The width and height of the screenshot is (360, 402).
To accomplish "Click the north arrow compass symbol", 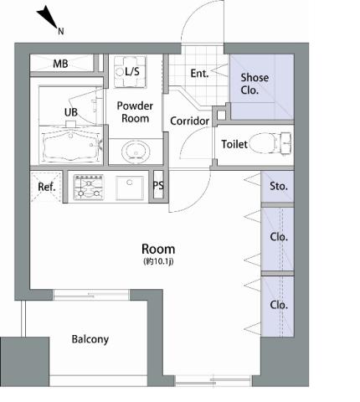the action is point(48,18).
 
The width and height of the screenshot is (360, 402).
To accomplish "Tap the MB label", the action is point(60,64).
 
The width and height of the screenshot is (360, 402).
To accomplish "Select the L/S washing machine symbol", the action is point(130,72).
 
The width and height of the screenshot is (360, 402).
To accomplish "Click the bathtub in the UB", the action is point(71,145).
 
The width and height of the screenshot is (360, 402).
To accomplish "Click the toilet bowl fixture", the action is point(270,143).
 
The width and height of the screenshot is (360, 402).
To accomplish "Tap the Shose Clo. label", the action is point(255,84).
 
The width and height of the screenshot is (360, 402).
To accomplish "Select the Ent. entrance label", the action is point(199,74).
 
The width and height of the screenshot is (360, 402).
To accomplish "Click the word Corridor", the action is point(190,121).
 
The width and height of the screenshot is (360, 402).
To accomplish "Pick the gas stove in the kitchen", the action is point(89,187).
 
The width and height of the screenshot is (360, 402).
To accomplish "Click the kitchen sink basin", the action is point(130,188).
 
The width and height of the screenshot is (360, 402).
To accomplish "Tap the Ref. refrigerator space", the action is point(46,187).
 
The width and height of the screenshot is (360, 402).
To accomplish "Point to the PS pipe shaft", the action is point(158,185).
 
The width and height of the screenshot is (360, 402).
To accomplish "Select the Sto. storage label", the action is point(279,186).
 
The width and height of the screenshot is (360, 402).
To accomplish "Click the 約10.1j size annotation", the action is point(158,261).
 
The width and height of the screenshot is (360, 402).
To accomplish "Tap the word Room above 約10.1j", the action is point(158,249).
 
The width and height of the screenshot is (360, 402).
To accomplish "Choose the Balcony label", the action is point(90,339).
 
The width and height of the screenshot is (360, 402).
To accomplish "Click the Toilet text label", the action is point(234,144).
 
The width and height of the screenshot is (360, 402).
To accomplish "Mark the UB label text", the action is point(71,112).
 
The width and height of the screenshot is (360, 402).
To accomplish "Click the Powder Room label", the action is point(135,112).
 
